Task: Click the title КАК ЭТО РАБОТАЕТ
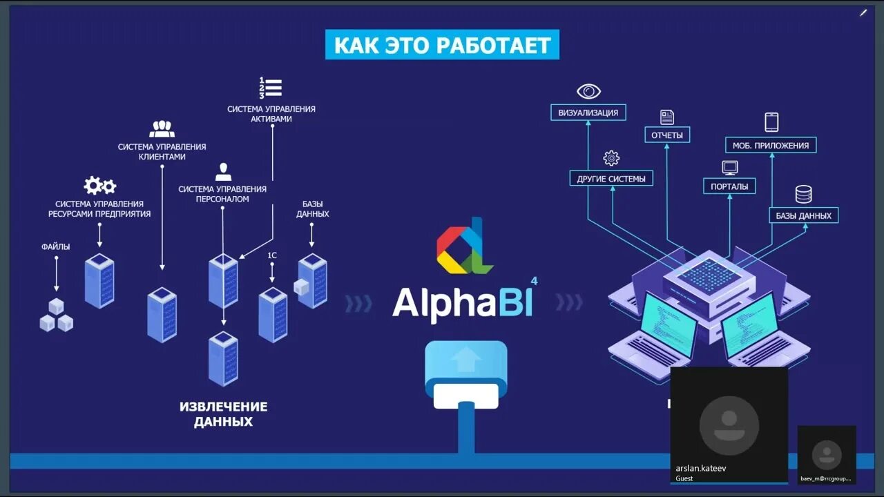click(442, 45)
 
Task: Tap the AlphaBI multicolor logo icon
click(464, 246)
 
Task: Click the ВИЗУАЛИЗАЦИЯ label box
click(588, 113)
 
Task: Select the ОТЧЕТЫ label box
click(667, 135)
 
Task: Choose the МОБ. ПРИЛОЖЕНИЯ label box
click(771, 145)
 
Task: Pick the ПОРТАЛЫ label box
click(729, 186)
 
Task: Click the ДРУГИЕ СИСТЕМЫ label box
click(611, 179)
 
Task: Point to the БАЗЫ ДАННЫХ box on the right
click(803, 215)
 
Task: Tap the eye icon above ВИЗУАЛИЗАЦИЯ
click(589, 91)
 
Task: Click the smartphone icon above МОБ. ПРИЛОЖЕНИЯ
click(771, 122)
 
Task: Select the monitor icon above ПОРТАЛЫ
click(730, 167)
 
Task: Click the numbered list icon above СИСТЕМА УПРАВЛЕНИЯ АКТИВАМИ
click(271, 88)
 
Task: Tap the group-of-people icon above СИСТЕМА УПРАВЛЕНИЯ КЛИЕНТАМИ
click(162, 129)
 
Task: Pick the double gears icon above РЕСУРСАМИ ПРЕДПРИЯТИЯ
click(99, 185)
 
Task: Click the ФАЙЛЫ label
click(56, 246)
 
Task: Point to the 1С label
click(272, 255)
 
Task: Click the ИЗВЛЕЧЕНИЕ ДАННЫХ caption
click(223, 413)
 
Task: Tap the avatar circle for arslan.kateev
click(729, 425)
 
